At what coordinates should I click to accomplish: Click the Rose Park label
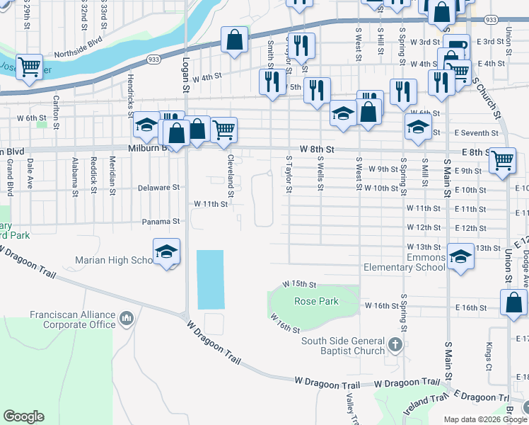click(316, 301)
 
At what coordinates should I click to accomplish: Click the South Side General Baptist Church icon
click(395, 346)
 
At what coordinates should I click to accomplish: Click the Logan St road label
click(187, 81)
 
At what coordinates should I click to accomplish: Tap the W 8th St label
click(316, 149)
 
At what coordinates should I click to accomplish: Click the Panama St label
click(162, 221)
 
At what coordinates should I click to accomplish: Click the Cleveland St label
click(231, 171)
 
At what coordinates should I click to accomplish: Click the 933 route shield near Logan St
click(153, 60)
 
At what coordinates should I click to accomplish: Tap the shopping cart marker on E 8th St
click(502, 159)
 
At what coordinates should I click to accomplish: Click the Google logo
click(23, 416)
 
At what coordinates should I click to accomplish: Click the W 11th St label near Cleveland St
click(211, 204)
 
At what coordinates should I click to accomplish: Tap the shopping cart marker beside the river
click(29, 67)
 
